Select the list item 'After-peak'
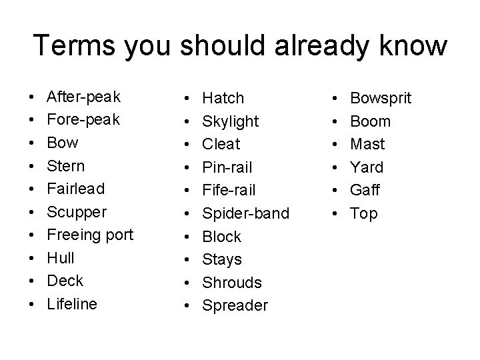83,97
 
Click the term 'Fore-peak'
83,120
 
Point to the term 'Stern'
66,166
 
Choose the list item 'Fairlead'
75,189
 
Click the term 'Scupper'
76,212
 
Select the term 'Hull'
61,258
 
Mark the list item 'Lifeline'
72,304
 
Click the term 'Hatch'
223,98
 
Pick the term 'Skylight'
230,121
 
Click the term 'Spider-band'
245,213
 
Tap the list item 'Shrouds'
231,282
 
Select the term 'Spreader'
235,305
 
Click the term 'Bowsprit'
381,98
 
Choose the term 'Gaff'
365,190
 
